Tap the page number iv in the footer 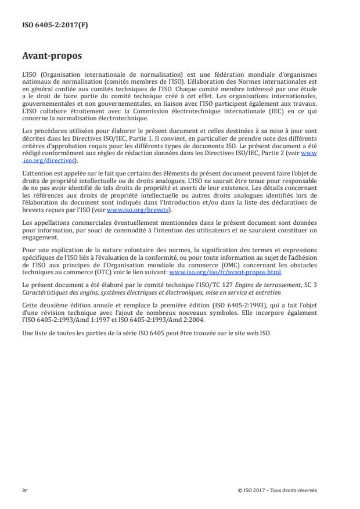coord(24,490)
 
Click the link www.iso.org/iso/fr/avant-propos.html coord(225,272)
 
